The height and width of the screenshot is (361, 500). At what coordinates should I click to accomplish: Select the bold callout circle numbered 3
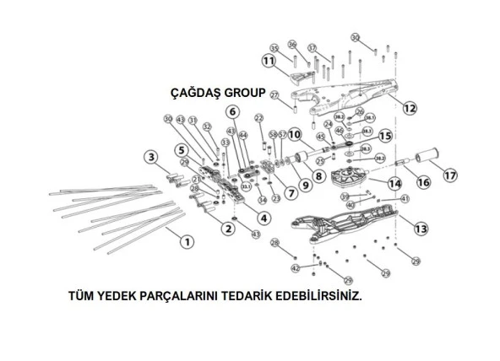pyautogui.click(x=150, y=157)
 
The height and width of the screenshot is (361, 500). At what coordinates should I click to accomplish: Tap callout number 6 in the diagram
pyautogui.click(x=231, y=111)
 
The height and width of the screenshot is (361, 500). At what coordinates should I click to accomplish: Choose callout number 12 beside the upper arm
pyautogui.click(x=409, y=108)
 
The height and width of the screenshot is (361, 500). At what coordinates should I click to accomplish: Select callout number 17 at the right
pyautogui.click(x=450, y=175)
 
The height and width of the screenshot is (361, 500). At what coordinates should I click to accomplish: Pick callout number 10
pyautogui.click(x=294, y=134)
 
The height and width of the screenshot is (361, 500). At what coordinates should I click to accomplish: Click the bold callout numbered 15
pyautogui.click(x=385, y=136)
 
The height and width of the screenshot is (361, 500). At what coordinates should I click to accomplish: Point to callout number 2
pyautogui.click(x=227, y=229)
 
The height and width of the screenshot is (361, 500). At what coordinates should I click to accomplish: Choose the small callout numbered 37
pyautogui.click(x=312, y=47)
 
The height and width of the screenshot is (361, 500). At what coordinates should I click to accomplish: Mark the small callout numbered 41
pyautogui.click(x=405, y=198)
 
